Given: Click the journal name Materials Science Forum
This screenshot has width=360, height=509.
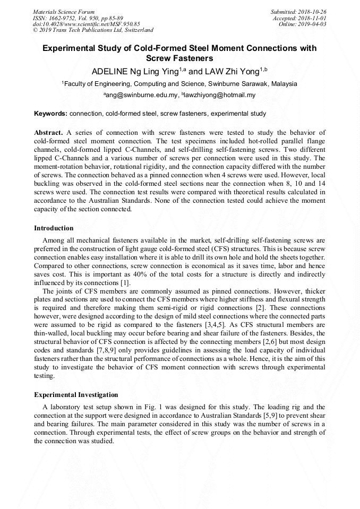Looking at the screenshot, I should pyautogui.click(x=64, y=11).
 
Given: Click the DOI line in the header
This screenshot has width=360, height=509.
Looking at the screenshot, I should pyautogui.click(x=86, y=24).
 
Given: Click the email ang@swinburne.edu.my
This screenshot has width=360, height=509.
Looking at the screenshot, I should pyautogui.click(x=140, y=96).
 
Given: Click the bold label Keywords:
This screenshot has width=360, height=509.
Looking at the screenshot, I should pyautogui.click(x=50, y=114).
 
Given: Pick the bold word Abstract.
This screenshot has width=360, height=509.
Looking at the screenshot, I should pyautogui.click(x=48, y=132).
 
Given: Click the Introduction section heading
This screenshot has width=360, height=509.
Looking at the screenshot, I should pyautogui.click(x=54, y=228).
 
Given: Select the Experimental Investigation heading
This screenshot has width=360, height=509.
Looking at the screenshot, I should pyautogui.click(x=76, y=395).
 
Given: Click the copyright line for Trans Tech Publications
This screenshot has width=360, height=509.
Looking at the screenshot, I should pyautogui.click(x=93, y=30).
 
